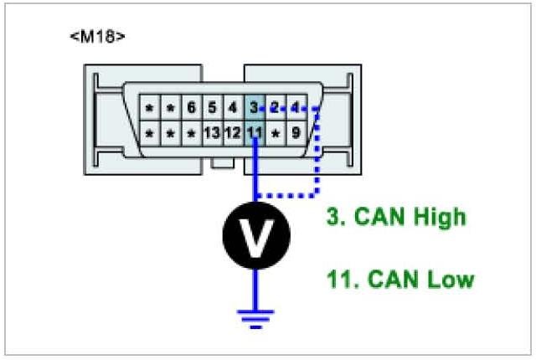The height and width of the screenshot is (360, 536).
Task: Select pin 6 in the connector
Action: point(191,109)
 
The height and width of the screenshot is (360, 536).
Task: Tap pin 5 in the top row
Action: point(212,109)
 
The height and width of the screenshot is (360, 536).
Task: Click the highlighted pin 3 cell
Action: point(254,109)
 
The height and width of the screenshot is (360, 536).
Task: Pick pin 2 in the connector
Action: point(274,109)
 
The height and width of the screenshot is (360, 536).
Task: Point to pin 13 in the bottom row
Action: point(212,132)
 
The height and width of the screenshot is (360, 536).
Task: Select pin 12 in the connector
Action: point(233,132)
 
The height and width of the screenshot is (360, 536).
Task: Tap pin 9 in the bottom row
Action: point(295,132)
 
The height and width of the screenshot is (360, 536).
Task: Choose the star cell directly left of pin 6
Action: point(170,109)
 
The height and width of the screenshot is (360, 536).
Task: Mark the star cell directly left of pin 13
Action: point(191,132)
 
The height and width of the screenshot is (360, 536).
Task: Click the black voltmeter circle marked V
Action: point(255,235)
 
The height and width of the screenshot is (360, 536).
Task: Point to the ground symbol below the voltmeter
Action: point(255,316)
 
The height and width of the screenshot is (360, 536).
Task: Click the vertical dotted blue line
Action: point(318,151)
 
